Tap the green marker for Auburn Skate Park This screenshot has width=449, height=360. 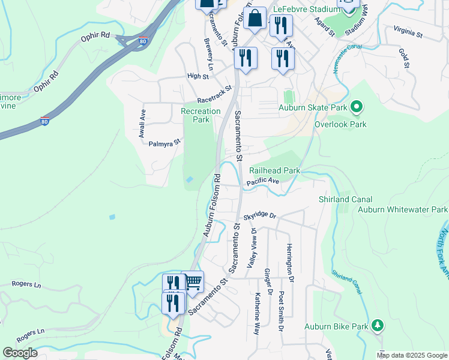click(357, 108)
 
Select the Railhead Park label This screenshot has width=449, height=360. click(274, 171)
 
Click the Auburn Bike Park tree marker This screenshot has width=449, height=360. click(377, 325)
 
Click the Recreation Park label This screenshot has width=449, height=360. click(200, 115)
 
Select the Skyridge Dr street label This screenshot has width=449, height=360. click(259, 216)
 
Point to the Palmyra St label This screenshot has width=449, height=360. click(164, 143)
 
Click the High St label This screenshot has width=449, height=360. click(197, 76)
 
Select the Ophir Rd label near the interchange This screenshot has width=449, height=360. click(95, 38)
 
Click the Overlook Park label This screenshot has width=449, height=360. click(340, 125)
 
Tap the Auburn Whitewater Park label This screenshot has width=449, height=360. click(402, 210)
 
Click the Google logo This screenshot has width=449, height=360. click(20, 353)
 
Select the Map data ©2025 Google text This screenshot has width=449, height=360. click(412, 355)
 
